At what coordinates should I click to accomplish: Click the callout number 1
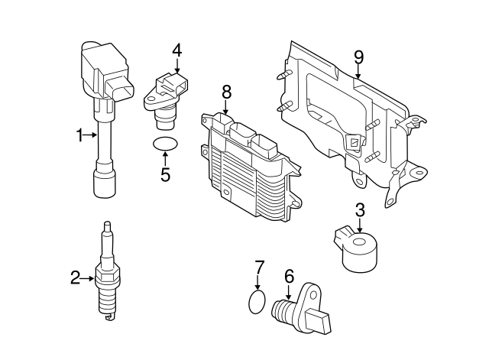(79, 136)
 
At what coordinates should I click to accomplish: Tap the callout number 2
(76, 278)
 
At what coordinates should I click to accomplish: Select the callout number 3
(359, 210)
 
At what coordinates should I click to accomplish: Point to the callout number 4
(176, 51)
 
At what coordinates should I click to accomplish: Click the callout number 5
(165, 174)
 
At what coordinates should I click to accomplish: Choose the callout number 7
(259, 268)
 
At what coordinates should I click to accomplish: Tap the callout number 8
(226, 92)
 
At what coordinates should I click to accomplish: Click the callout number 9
(358, 57)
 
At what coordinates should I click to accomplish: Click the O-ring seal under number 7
(259, 302)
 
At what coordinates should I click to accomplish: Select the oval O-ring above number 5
(164, 144)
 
